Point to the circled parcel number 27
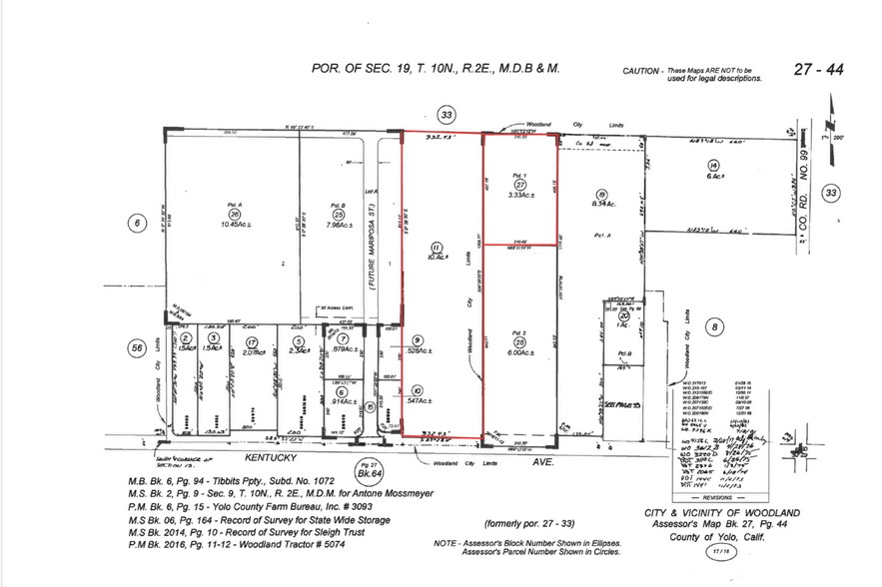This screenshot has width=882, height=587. pyautogui.click(x=519, y=185)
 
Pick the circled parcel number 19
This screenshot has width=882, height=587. pyautogui.click(x=601, y=195)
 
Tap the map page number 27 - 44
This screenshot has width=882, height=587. pyautogui.click(x=818, y=70)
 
